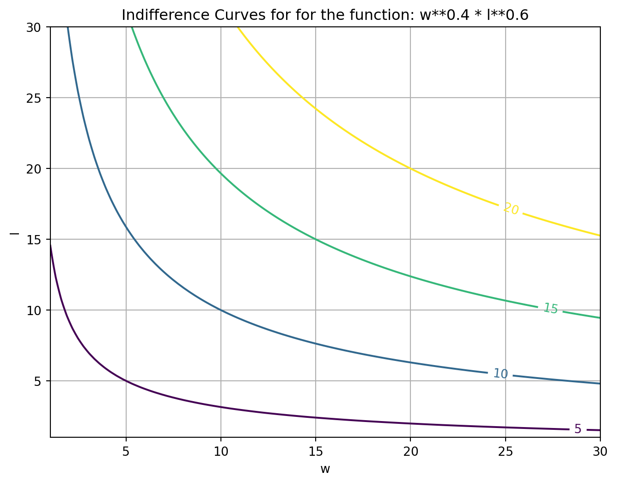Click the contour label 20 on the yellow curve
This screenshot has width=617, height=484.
tap(511, 209)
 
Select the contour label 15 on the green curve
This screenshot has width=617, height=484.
tap(550, 309)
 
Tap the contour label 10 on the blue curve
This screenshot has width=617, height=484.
tap(501, 373)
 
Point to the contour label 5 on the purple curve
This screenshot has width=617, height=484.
tap(578, 429)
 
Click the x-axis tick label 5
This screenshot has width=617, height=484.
tap(126, 451)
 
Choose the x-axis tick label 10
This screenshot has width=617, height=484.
tap(221, 451)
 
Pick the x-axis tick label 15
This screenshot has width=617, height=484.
tap(316, 451)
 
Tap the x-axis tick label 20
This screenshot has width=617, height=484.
tap(410, 451)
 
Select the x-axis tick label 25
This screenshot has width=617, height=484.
tap(505, 451)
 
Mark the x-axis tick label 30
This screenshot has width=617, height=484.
tap(600, 451)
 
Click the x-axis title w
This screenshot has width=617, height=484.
tap(325, 469)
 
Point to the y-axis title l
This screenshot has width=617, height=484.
tap(15, 232)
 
